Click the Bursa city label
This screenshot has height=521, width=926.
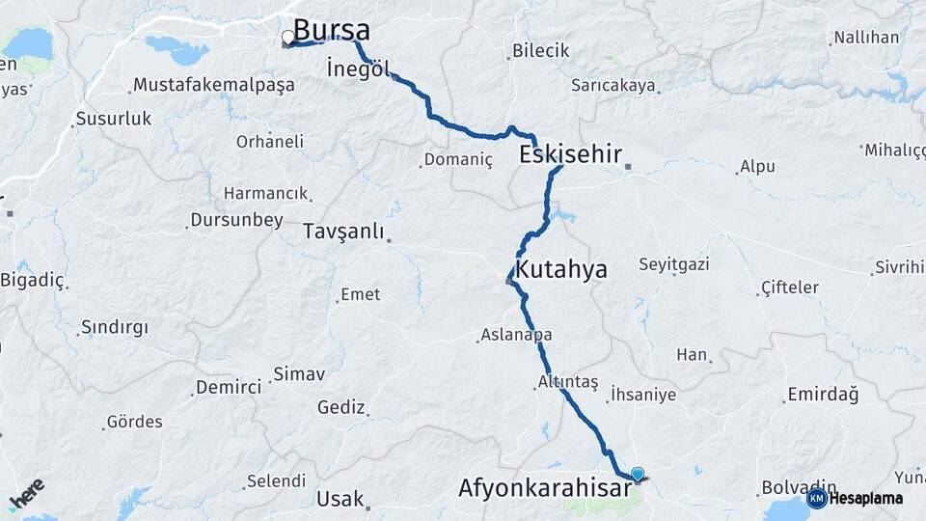pyautogui.click(x=331, y=30)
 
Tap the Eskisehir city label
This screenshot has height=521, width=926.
pyautogui.click(x=569, y=154)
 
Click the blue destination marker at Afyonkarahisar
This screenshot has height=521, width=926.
pyautogui.click(x=637, y=474)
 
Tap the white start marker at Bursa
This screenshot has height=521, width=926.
pyautogui.click(x=287, y=39)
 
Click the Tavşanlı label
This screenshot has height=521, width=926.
pyautogui.click(x=343, y=232)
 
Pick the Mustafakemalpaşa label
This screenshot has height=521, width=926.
pyautogui.click(x=214, y=85)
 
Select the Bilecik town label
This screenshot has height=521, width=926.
pyautogui.click(x=540, y=51)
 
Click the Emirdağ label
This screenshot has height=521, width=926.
pyautogui.click(x=823, y=394)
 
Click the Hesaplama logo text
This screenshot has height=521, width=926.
pyautogui.click(x=866, y=499)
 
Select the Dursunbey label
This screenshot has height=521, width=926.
pyautogui.click(x=235, y=220)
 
